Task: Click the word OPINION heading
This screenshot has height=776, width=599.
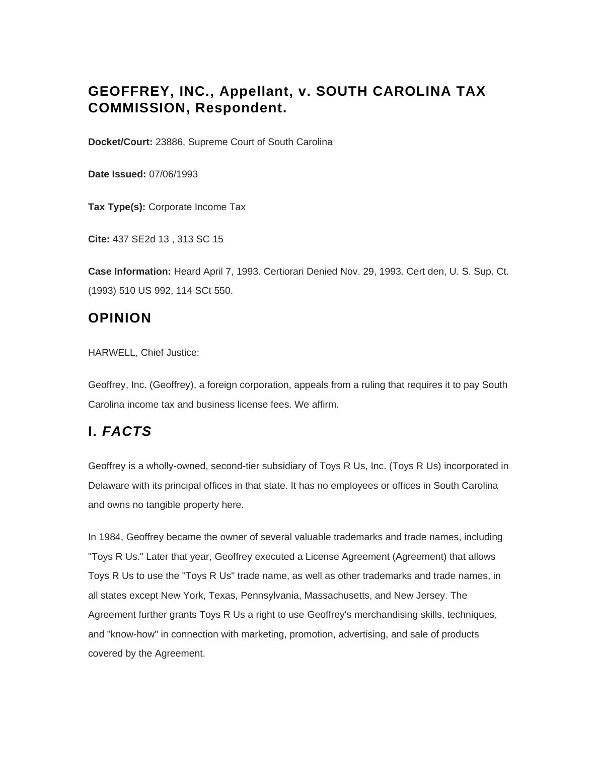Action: (120, 318)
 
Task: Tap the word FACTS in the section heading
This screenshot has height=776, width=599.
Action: (127, 432)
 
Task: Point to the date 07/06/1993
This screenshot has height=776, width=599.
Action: (173, 174)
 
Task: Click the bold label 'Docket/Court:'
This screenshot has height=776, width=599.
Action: (120, 142)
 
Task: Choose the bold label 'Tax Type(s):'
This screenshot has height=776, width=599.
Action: (117, 207)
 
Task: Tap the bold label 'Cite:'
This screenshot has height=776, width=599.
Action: (99, 239)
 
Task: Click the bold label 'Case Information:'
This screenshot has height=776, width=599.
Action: (129, 272)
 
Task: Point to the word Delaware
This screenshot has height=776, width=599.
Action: (108, 486)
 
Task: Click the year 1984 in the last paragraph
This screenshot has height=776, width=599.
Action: (110, 537)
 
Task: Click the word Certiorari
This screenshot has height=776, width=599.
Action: (285, 272)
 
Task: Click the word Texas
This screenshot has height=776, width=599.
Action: (221, 596)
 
